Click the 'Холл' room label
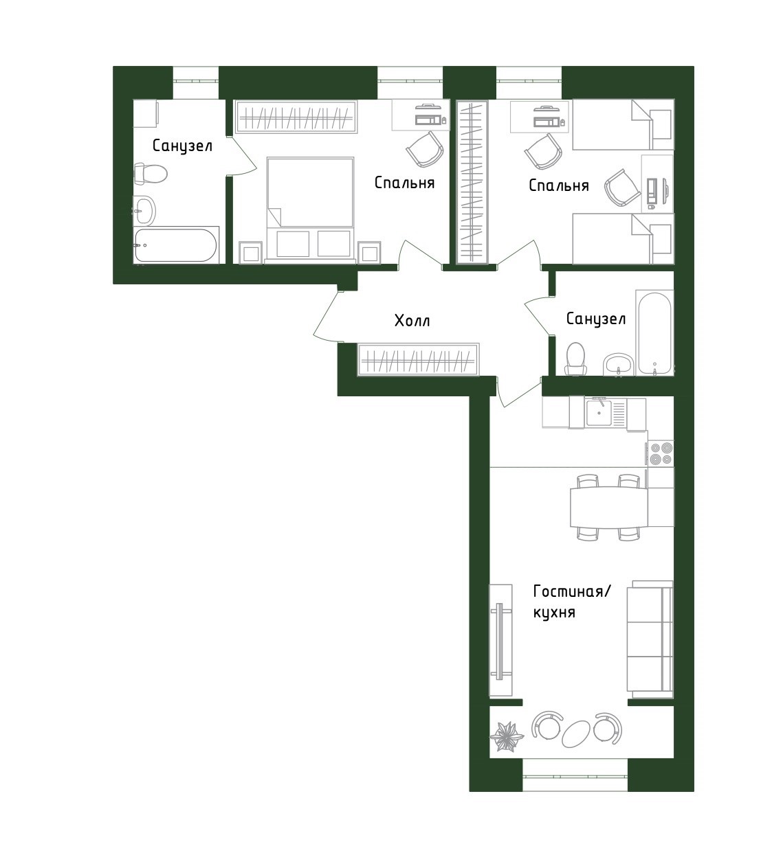tap(412, 320)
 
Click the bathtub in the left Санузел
tap(176, 245)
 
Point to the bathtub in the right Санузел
tap(654, 334)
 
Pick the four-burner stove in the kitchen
tap(661, 454)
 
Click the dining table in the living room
tap(608, 508)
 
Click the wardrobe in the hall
tap(419, 359)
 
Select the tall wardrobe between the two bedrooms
tap(472, 182)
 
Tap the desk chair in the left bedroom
tap(425, 149)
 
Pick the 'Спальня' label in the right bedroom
tap(558, 185)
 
